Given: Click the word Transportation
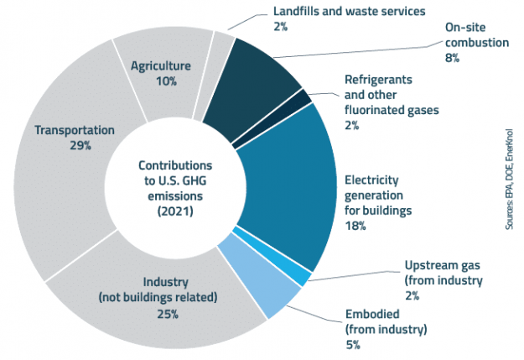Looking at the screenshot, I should click(x=74, y=130).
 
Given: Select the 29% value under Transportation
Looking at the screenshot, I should click(x=74, y=145).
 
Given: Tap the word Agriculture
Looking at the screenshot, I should click(x=161, y=65).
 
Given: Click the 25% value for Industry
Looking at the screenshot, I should click(x=164, y=314).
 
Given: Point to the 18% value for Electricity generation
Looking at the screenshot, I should click(x=355, y=226).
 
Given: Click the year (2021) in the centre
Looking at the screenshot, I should click(x=176, y=211).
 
